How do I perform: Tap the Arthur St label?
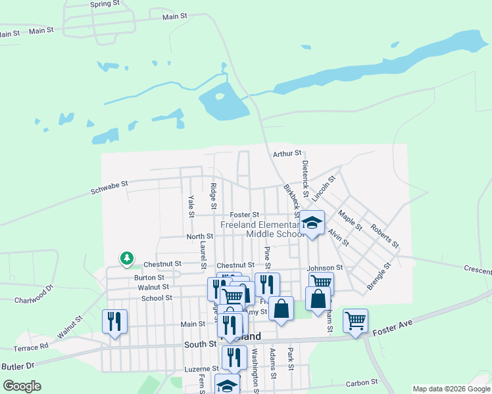pyautogui.click(x=286, y=154)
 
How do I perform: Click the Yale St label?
pyautogui.click(x=191, y=206)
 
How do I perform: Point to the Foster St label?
pyautogui.click(x=245, y=215)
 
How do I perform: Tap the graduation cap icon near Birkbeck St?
pyautogui.click(x=313, y=222)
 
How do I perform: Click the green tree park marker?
pyautogui.click(x=126, y=259)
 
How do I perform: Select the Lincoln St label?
pyautogui.click(x=324, y=188)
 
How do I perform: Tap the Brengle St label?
pyautogui.click(x=379, y=276)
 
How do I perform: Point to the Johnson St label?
pyautogui.click(x=325, y=268)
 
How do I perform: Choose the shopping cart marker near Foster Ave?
pyautogui.click(x=355, y=320)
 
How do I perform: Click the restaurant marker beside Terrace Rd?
pyautogui.click(x=114, y=321)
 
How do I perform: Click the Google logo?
pyautogui.click(x=22, y=386)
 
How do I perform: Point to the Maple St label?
pyautogui.click(x=349, y=219)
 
